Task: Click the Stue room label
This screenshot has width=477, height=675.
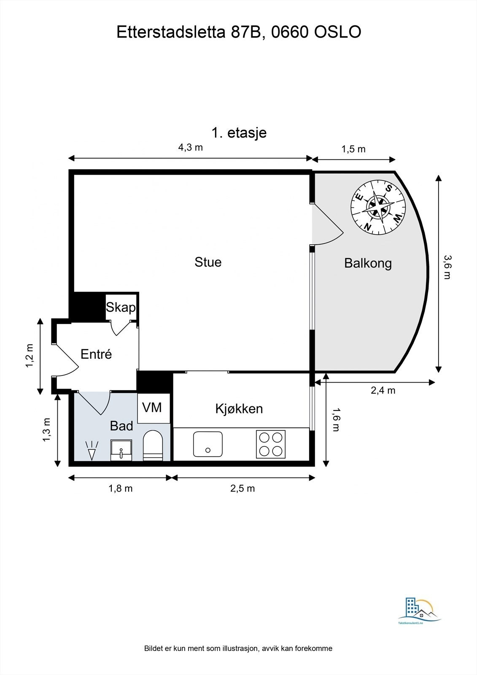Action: click(208, 262)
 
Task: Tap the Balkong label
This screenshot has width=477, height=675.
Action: click(368, 263)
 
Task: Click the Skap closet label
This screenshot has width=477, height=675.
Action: click(121, 307)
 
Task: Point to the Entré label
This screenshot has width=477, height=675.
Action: click(96, 354)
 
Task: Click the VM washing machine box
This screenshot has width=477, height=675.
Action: click(152, 408)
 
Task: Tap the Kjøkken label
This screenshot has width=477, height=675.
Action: click(239, 409)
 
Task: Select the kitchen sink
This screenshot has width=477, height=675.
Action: click(208, 444)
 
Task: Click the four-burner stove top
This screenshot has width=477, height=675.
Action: click(271, 444)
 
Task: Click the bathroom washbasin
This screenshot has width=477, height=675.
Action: click(121, 450)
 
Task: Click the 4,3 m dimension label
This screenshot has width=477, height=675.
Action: click(190, 147)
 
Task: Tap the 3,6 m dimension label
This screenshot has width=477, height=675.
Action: click(447, 267)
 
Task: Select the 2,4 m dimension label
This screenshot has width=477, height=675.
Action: click(383, 390)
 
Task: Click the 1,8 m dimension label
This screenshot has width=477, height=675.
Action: click(121, 489)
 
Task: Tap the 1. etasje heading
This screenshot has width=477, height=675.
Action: click(239, 132)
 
